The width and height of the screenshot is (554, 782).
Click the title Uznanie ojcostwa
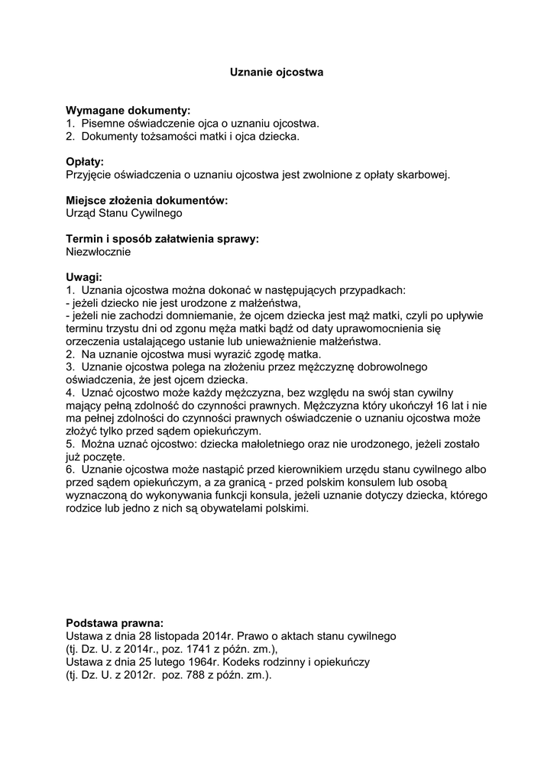click(277, 73)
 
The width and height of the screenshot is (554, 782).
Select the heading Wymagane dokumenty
click(128, 111)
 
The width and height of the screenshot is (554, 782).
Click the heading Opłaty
click(85, 162)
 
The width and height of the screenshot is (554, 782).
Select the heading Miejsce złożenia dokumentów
click(147, 201)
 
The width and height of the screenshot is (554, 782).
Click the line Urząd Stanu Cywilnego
click(124, 213)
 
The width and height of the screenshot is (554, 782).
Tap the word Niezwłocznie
click(99, 251)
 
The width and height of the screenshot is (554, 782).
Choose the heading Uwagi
click(84, 277)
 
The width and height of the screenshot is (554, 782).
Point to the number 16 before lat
click(445, 406)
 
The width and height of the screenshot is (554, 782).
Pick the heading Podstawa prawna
click(115, 622)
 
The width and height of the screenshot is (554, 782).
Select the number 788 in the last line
click(186, 674)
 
